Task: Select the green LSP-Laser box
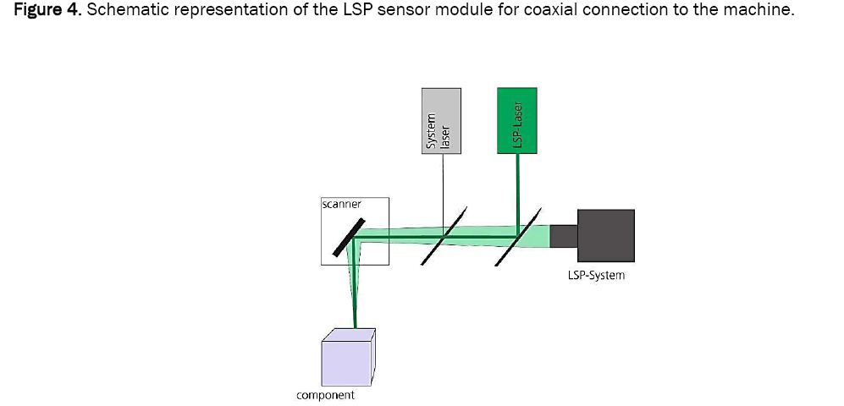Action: click(518, 121)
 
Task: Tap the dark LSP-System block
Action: click(605, 236)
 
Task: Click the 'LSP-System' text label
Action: click(596, 276)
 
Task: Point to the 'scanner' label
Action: click(342, 204)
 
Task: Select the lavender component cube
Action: click(347, 357)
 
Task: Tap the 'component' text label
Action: click(325, 395)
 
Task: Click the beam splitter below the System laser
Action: click(444, 234)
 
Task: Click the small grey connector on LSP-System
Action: click(562, 236)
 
